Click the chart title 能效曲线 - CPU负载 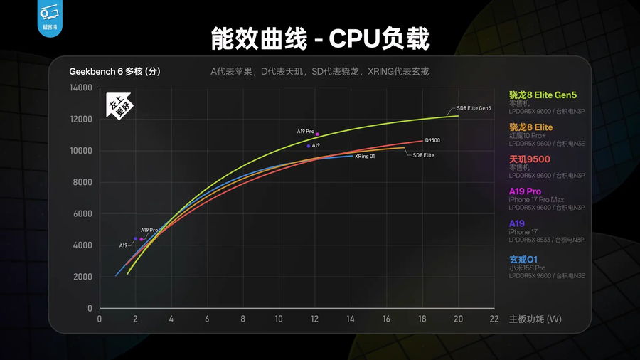(320, 38)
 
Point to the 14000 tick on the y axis (80, 88)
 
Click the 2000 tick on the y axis (82, 277)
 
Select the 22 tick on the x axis (494, 319)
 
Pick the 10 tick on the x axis (279, 319)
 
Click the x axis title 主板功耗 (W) (535, 319)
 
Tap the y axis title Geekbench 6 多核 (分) (114, 72)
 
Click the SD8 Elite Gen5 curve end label (474, 108)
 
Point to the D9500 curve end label (432, 140)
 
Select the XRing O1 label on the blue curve (364, 156)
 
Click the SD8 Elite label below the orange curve (423, 154)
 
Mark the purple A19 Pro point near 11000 (317, 134)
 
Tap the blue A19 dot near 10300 (309, 146)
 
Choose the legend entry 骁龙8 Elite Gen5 (543, 95)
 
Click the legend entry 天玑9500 (530, 159)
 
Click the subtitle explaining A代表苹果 (319, 72)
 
